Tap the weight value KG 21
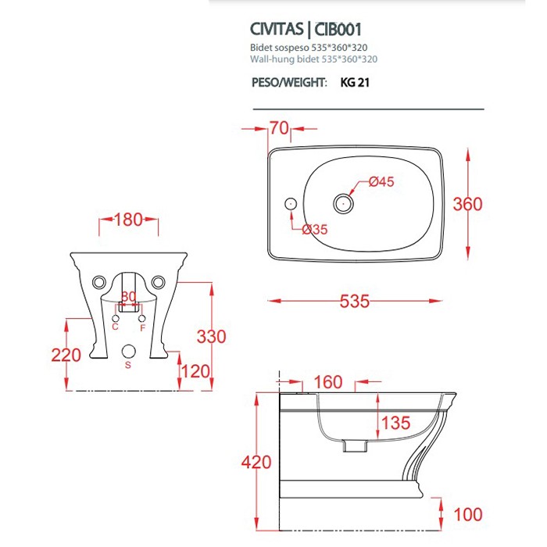[x=354, y=83]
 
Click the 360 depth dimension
[x=468, y=205]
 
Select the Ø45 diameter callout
[x=381, y=181]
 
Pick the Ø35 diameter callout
[x=315, y=229]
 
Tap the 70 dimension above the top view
[x=279, y=128]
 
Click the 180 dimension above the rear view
[x=128, y=220]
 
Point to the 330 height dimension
[x=211, y=337]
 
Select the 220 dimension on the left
[x=66, y=355]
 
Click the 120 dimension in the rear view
[x=194, y=369]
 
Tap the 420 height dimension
[x=256, y=463]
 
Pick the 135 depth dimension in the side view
[x=395, y=424]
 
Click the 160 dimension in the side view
[x=328, y=382]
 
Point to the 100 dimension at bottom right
[x=468, y=514]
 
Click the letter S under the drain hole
[x=128, y=365]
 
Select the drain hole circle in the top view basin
[x=342, y=204]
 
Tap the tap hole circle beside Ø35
[x=291, y=203]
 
